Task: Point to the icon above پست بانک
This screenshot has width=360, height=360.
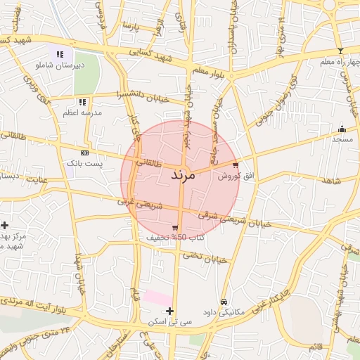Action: pos(84,153)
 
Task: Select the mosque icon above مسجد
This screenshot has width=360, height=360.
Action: pos(342,129)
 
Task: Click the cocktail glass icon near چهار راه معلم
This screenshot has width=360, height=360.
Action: pos(341,51)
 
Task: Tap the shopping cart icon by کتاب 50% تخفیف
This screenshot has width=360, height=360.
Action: pos(174,227)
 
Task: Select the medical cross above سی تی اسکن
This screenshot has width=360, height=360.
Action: pos(169,310)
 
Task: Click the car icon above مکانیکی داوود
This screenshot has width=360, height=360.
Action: pos(224,302)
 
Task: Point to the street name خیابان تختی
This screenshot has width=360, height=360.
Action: pos(205,257)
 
